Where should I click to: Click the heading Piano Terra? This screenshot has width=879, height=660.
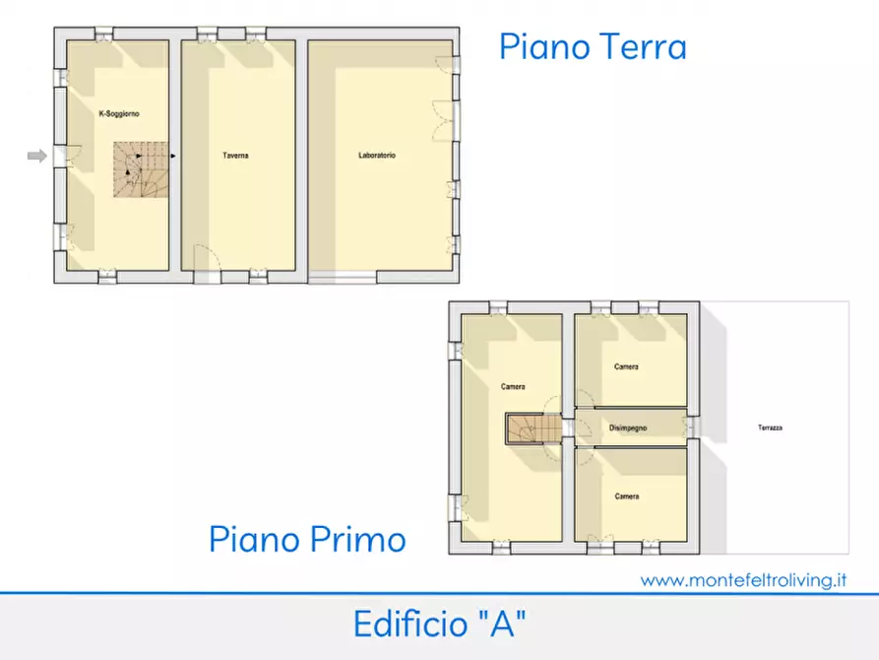[592, 46]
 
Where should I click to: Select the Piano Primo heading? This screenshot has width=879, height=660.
[307, 539]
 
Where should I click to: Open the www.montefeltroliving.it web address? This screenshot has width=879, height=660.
[743, 580]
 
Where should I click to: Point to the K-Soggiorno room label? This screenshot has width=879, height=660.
[119, 114]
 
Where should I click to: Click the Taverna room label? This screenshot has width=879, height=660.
[235, 156]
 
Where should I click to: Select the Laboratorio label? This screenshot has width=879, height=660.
[377, 156]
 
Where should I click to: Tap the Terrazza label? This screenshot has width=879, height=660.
[770, 428]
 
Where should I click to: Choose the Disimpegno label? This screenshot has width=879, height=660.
[627, 428]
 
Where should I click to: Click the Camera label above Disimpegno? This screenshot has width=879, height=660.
[626, 366]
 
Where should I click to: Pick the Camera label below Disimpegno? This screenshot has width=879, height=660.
[627, 496]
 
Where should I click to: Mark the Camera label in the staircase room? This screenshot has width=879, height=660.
[513, 387]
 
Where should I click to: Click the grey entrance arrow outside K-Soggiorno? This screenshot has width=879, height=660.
[36, 156]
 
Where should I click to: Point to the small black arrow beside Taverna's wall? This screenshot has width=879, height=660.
[172, 156]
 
